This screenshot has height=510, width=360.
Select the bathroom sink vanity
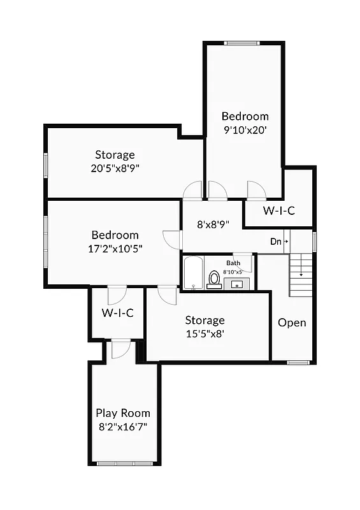[x=236, y=282]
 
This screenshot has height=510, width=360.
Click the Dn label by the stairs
[x=276, y=242]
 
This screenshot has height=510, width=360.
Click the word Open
[x=292, y=323]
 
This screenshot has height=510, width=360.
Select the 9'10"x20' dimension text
[x=245, y=129]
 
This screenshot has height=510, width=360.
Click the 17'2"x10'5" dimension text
[x=115, y=248]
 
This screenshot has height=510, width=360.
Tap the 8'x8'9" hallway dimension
[x=213, y=224]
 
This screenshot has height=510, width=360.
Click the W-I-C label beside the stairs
[x=279, y=211]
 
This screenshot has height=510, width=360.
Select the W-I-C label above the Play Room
[x=118, y=313]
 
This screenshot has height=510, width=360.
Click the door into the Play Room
[x=120, y=349]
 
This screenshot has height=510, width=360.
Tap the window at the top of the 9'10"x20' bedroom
[x=243, y=43]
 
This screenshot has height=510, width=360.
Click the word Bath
[x=233, y=263]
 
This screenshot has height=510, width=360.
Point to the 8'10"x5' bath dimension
[x=233, y=272]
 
